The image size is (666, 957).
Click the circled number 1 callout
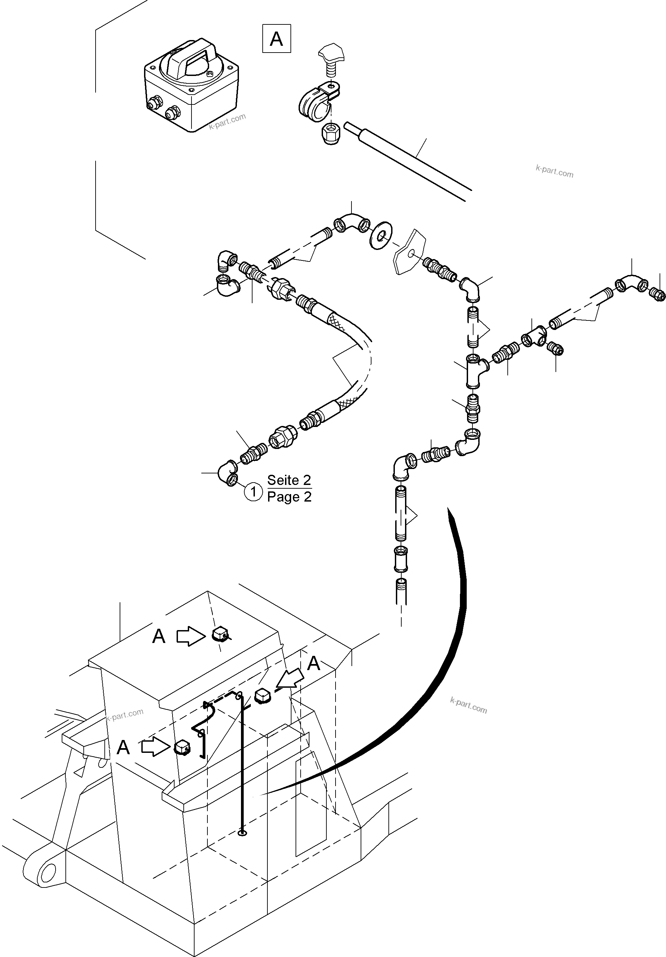tap(253, 492)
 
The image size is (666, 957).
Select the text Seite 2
tap(289, 480)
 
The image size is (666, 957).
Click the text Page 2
tap(289, 497)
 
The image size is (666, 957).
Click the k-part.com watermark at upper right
tap(554, 171)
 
